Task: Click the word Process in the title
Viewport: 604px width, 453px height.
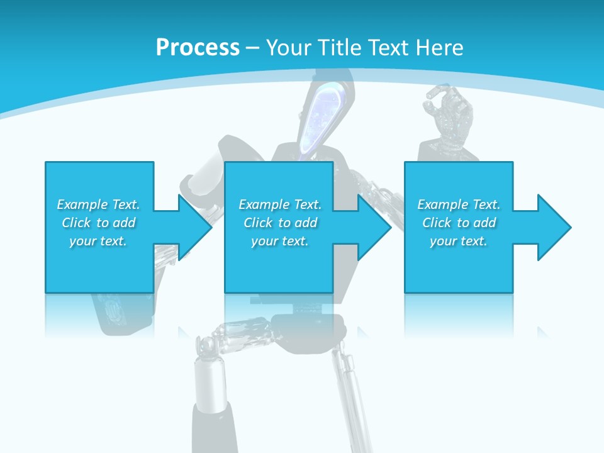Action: pyautogui.click(x=198, y=48)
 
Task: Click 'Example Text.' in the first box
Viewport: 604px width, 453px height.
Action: pyautogui.click(x=99, y=204)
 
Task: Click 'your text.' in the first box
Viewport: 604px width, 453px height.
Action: pyautogui.click(x=99, y=241)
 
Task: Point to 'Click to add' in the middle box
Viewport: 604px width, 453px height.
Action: pyautogui.click(x=280, y=223)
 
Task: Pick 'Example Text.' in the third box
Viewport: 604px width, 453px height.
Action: pyautogui.click(x=459, y=204)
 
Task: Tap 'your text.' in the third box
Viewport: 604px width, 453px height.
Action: pyautogui.click(x=459, y=241)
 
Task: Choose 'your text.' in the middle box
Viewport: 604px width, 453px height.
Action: pyautogui.click(x=280, y=241)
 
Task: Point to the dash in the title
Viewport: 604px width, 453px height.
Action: pyautogui.click(x=252, y=48)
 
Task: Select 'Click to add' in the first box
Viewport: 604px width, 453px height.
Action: pyautogui.click(x=99, y=223)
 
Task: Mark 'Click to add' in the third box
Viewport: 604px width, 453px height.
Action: pyautogui.click(x=459, y=223)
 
